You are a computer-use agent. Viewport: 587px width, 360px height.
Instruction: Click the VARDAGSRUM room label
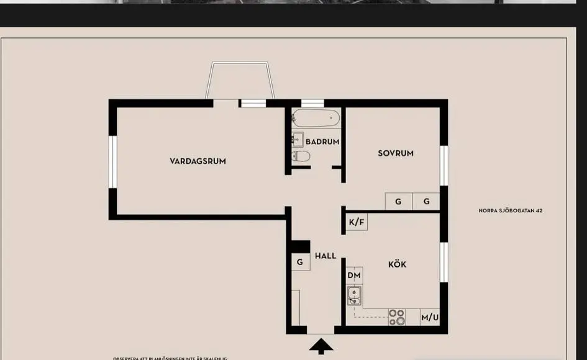coord(198,161)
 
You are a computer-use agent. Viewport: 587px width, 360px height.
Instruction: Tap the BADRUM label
coord(322,142)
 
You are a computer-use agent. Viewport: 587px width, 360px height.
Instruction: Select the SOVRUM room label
coord(396,153)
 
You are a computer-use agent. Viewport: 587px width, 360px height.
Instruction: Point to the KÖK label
coord(397,264)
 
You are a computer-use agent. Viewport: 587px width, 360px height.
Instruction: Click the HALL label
coord(325,256)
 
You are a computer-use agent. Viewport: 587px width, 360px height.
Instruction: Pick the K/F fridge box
coord(357,222)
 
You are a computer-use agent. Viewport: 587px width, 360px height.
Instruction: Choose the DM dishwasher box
coord(354,276)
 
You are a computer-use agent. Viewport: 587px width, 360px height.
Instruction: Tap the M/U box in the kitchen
coord(430,318)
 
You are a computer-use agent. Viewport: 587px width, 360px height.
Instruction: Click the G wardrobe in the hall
coord(300,262)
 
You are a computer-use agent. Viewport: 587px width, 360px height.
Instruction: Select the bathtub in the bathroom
coord(316,118)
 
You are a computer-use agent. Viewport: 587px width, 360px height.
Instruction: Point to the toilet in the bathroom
coord(301,156)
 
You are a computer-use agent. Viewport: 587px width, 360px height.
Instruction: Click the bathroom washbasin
coord(298,138)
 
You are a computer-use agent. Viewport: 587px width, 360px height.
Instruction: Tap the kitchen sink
coord(355,296)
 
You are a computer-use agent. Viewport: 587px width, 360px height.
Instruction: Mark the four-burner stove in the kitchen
coord(396,317)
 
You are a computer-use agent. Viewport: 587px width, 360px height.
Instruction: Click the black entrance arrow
coord(321,346)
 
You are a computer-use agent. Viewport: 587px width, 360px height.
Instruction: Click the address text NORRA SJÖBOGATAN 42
coord(511,211)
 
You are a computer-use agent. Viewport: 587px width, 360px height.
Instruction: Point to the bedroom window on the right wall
coord(444,166)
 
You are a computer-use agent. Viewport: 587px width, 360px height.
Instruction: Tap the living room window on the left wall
coord(113,161)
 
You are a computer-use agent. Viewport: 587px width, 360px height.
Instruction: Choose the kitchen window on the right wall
coord(444,262)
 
